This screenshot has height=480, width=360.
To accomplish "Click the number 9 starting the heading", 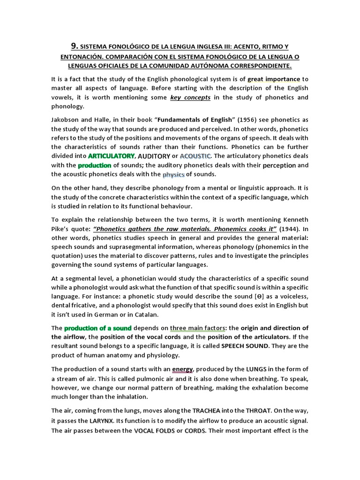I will (x=74, y=46).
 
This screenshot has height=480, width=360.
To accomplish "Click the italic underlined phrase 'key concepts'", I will (x=191, y=97).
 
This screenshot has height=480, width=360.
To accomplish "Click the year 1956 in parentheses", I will (x=216, y=120).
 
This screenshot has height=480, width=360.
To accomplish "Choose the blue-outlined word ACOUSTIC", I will (x=196, y=156).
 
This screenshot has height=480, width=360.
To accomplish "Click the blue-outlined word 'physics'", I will (x=174, y=174).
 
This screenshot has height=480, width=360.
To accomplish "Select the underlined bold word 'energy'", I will (x=182, y=369).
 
